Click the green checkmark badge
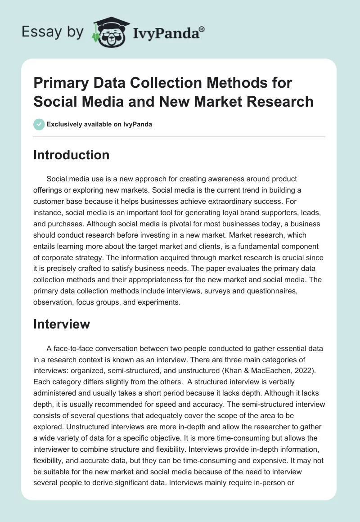pos(39,124)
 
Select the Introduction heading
pos(71,155)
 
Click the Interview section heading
pos(62,324)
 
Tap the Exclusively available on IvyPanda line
pos(99,124)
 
